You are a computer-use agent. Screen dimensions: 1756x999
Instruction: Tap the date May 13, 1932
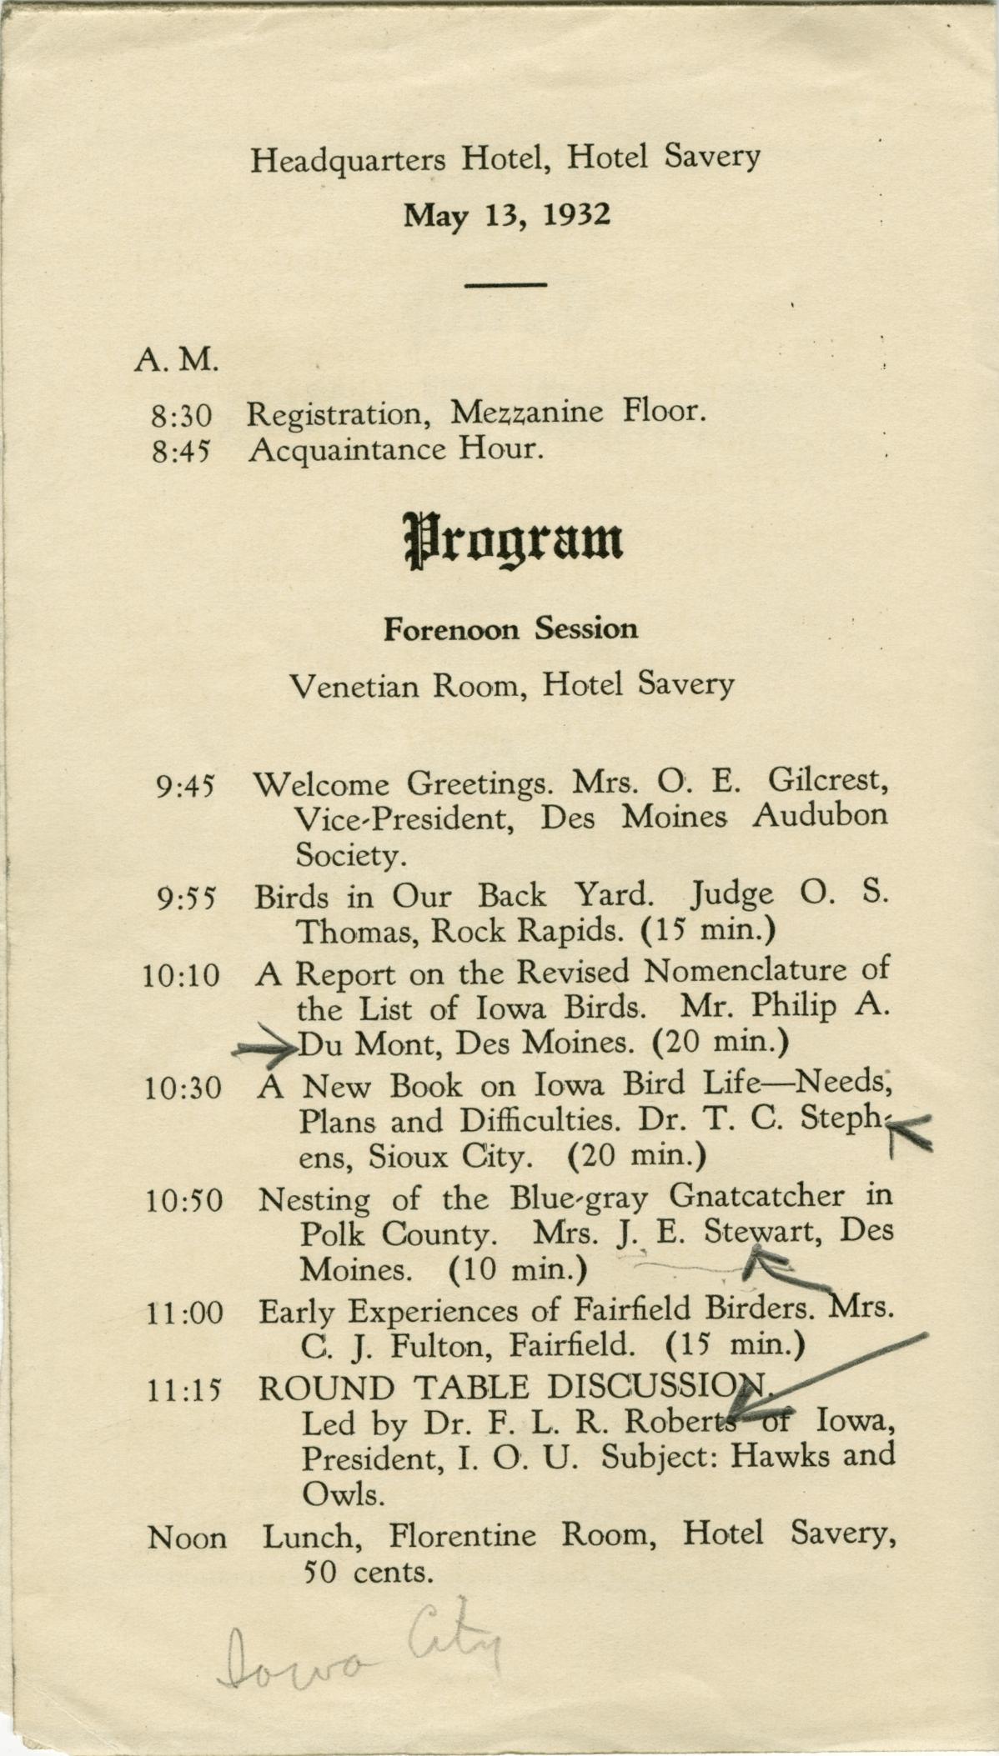pos(507,216)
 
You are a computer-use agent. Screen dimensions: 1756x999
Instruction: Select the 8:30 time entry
pos(182,415)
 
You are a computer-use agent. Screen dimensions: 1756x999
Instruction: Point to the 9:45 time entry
pos(185,786)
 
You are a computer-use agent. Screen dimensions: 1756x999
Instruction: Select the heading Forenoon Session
pos(510,629)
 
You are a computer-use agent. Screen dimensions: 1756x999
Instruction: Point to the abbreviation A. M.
pos(176,360)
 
